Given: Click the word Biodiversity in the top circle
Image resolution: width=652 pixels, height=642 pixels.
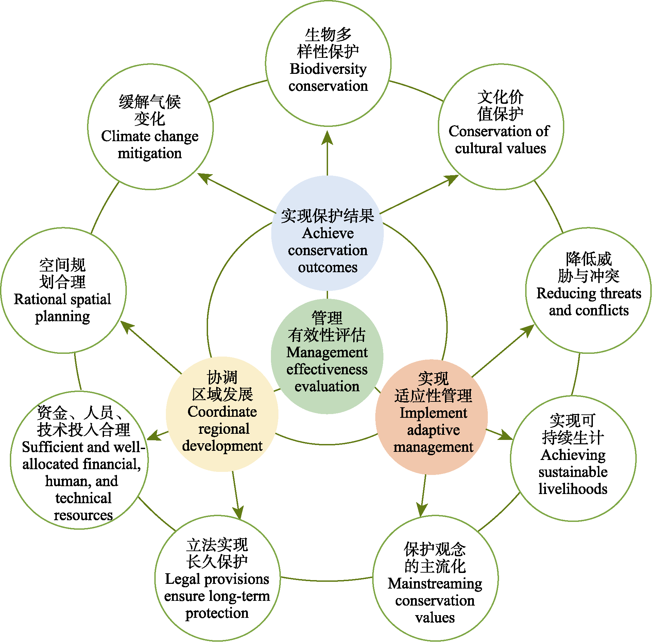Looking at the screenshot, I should (x=328, y=69).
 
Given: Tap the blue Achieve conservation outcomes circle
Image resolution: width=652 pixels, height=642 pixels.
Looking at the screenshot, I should (x=327, y=233).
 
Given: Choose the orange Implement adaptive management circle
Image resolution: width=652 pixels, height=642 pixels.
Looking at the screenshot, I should (x=432, y=417).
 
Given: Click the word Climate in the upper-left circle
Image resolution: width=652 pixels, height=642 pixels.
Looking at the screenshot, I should (x=125, y=136).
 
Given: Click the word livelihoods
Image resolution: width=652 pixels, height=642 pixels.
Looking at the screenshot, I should (x=573, y=489).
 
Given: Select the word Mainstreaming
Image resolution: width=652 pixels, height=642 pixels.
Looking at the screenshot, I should (x=435, y=584).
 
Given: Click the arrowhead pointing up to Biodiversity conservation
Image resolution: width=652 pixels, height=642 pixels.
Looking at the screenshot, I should (x=327, y=138).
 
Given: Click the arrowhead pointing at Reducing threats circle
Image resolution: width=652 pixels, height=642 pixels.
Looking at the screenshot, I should (x=528, y=330).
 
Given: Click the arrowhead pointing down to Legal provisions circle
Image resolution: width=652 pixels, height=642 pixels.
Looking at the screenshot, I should (x=239, y=512).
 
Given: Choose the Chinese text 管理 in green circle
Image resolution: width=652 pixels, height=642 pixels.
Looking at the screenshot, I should (x=327, y=318).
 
